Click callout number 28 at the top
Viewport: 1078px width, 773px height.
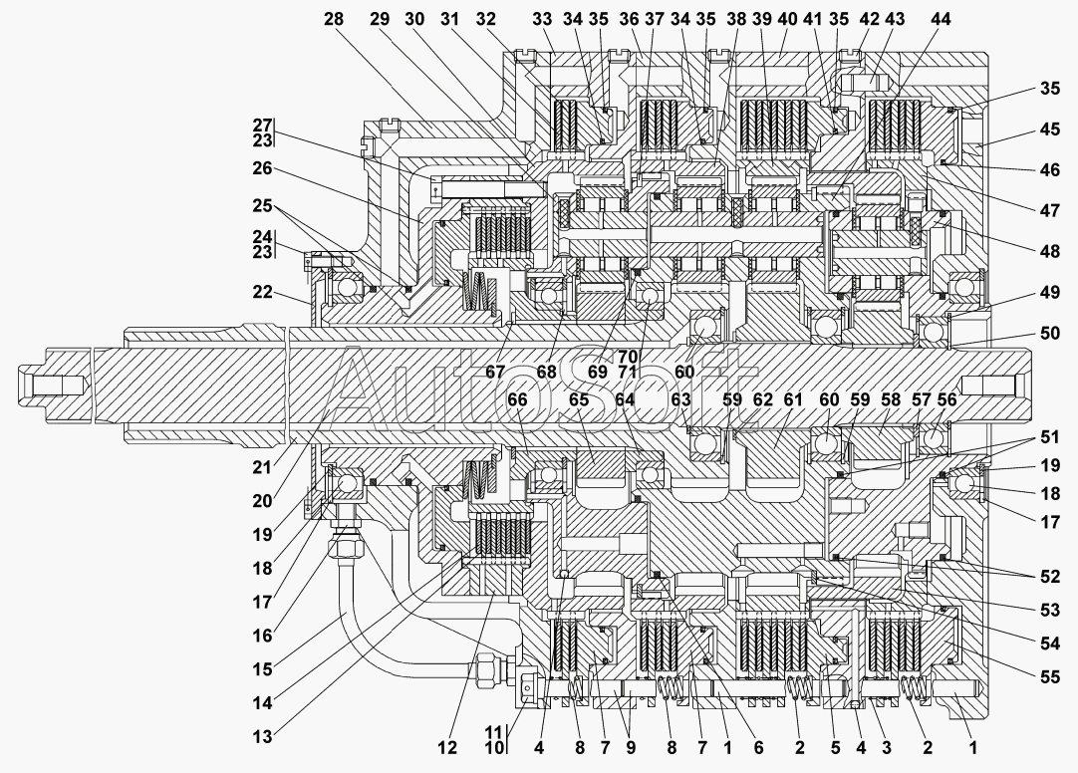(334, 19)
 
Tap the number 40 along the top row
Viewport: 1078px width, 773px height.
(787, 19)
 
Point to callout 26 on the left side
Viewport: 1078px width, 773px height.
(262, 168)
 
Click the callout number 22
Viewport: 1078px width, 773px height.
(262, 292)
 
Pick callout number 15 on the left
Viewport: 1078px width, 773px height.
(262, 667)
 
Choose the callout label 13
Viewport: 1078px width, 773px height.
(262, 736)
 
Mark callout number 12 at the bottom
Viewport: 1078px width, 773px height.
(447, 747)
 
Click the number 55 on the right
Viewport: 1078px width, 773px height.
(1050, 677)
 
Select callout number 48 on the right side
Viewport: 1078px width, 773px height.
(1050, 251)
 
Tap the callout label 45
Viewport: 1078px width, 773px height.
(1050, 129)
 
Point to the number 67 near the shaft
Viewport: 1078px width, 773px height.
(495, 372)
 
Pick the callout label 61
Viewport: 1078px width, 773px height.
(793, 399)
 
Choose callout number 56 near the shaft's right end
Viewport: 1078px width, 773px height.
(946, 399)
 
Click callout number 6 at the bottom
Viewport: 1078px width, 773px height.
(758, 747)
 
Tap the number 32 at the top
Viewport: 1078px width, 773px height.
(485, 19)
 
